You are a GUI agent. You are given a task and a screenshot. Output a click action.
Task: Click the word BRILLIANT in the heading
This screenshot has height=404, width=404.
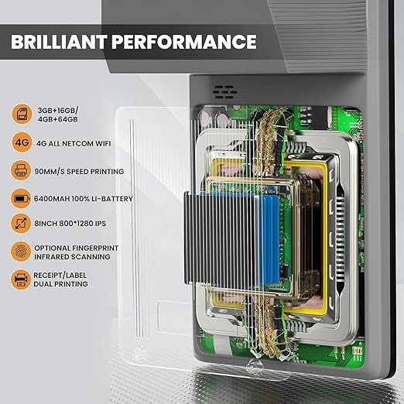click(58, 41)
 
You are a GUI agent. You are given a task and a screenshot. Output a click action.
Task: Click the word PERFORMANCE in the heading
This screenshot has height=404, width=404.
click(183, 41)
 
